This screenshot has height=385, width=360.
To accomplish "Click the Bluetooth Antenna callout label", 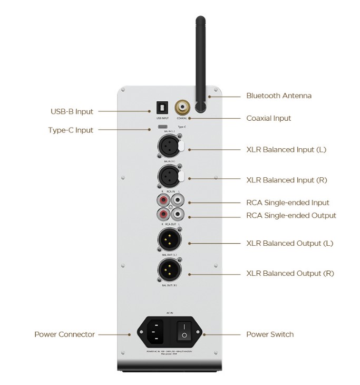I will click(279, 96).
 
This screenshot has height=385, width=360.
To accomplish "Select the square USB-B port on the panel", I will click(162, 107).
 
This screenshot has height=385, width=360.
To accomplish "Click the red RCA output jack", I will click(163, 215).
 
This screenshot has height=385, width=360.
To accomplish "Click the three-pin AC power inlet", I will click(155, 331).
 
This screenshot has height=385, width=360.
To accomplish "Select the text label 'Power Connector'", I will click(64, 334).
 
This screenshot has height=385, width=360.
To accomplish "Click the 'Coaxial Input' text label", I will click(268, 118).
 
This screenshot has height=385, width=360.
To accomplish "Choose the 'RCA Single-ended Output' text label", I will click(291, 215).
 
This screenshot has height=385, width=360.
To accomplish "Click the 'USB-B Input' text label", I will click(72, 111).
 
